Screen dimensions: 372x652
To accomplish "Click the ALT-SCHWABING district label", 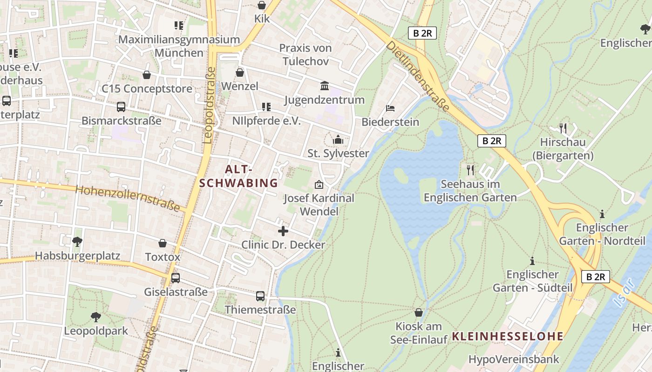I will pos(238,176).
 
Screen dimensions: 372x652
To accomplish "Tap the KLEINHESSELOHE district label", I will pos(508,336).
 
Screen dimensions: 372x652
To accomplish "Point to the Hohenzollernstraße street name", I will pos(128,198).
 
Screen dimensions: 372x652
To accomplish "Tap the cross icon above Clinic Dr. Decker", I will pos(283,231).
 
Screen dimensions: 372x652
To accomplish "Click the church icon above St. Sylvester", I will pos(338,139).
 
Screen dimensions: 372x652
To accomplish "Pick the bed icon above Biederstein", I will pos(390,108).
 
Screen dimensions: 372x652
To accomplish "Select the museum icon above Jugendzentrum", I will pos(325,86).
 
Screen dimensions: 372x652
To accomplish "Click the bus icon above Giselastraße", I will pos(176,278).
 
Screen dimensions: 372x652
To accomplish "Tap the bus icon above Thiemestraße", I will pos(260,296).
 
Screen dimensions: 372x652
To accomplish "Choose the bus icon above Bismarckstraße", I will pos(121,107).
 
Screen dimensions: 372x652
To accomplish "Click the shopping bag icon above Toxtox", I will pos(163,243).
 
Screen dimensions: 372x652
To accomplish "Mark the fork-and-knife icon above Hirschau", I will pos(564,128).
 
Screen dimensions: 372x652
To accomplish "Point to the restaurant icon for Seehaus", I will pos(470,170).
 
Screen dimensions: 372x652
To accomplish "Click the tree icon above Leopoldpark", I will pos(96,317).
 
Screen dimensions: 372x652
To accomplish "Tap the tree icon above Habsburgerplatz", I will pos(77,241).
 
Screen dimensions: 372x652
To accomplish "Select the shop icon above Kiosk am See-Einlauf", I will pos(419,312).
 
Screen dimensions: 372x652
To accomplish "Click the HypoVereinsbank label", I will pos(514,359).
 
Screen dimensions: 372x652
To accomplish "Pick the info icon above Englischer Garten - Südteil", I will pos(532,261).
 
